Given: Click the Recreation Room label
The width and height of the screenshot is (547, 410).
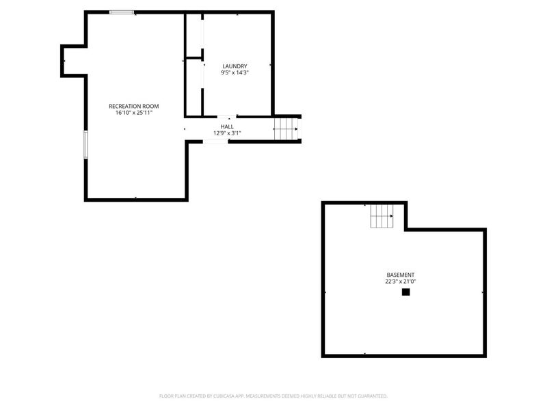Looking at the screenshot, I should pyautogui.click(x=134, y=106).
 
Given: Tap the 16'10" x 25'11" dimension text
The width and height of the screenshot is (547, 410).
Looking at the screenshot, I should pyautogui.click(x=134, y=113).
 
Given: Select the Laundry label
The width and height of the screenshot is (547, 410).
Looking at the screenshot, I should pyautogui.click(x=230, y=66).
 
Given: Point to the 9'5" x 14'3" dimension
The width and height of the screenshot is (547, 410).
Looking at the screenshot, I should pyautogui.click(x=230, y=72).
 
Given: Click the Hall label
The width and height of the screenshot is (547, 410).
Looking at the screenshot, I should pyautogui.click(x=227, y=126).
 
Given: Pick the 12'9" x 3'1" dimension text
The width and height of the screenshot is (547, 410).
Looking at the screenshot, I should pyautogui.click(x=227, y=133).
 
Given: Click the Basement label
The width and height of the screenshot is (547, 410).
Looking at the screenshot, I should pyautogui.click(x=399, y=275).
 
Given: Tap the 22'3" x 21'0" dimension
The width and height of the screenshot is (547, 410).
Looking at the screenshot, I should pyautogui.click(x=399, y=282).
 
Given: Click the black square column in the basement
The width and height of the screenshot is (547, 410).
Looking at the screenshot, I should pyautogui.click(x=405, y=292).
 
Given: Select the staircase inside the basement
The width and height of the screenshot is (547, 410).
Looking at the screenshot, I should pyautogui.click(x=383, y=218).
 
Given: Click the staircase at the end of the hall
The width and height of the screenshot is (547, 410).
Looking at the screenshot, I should pyautogui.click(x=286, y=128).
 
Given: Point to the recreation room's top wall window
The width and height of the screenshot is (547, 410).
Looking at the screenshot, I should pyautogui.click(x=122, y=12).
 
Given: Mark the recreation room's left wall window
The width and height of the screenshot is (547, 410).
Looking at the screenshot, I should pyautogui.click(x=85, y=144).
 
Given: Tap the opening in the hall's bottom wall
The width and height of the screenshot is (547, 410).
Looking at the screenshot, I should pyautogui.click(x=216, y=141).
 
